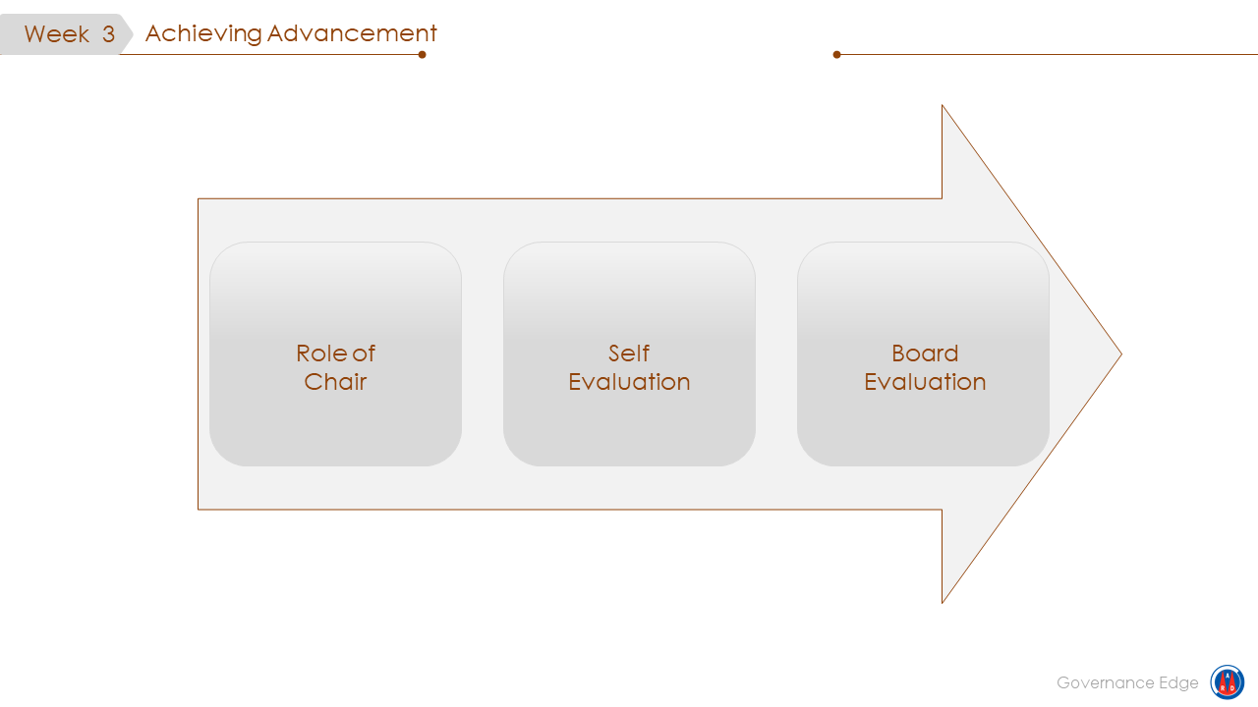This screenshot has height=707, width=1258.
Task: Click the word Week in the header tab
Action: point(57,34)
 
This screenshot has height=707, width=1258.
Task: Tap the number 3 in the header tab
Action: point(108,34)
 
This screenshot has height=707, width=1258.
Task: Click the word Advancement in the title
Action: point(352,33)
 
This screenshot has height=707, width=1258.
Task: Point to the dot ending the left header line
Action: point(422,54)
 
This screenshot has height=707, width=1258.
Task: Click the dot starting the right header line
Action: point(837,54)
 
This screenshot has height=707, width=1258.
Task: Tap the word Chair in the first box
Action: point(335,382)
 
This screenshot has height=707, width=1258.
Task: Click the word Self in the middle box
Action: point(629,353)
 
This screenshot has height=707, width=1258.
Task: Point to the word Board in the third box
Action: point(925,353)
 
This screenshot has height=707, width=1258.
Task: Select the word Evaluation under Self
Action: point(629,382)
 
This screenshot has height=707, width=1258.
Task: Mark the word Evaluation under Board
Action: point(925,382)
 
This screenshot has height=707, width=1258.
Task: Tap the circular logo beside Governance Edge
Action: point(1227,682)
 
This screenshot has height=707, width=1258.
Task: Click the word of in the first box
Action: point(364,353)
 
